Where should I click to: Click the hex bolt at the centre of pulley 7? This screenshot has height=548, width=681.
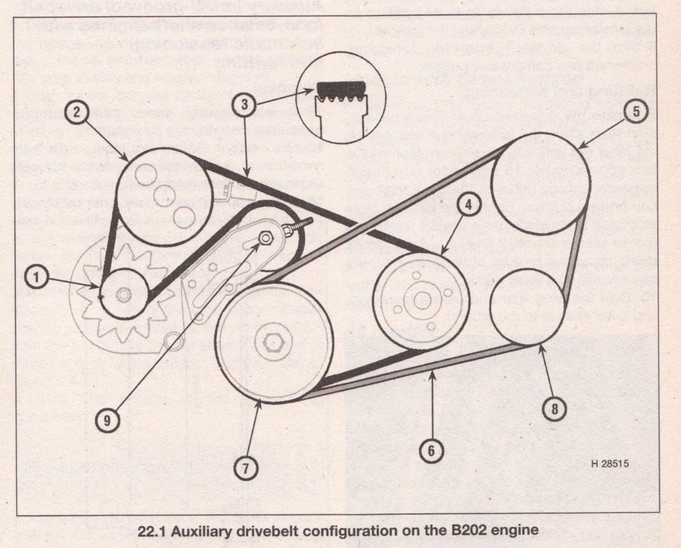(273, 342)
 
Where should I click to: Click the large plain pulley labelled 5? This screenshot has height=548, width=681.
(541, 180)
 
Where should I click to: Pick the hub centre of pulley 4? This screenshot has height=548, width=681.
(423, 301)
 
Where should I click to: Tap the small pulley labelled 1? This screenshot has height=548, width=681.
(125, 295)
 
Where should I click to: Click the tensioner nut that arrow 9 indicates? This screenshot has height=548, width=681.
(266, 237)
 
